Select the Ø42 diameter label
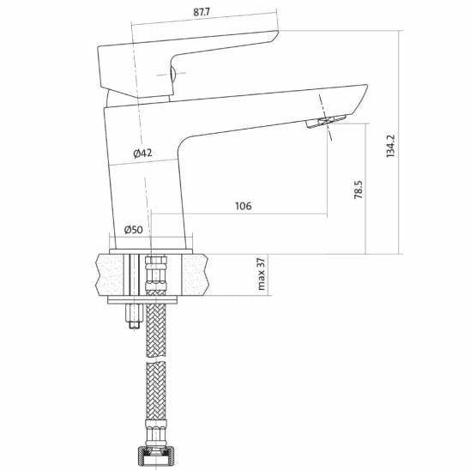point(142,154)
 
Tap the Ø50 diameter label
point(133,229)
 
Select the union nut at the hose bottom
point(155,452)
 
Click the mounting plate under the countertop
point(142,300)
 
